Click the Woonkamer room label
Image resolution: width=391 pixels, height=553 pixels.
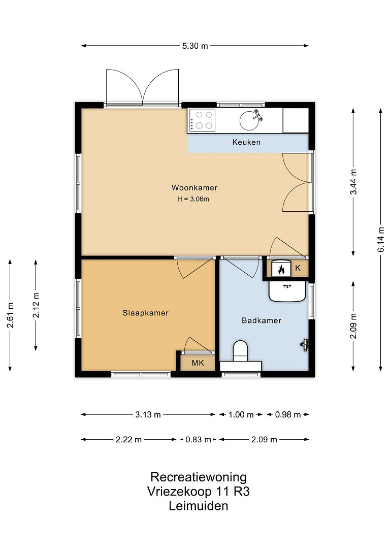[x=194, y=187]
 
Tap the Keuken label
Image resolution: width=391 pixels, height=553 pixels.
[x=246, y=142]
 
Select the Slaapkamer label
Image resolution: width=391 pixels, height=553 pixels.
[x=145, y=313]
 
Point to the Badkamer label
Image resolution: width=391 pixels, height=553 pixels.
[x=261, y=320]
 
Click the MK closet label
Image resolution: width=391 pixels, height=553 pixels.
[x=198, y=363]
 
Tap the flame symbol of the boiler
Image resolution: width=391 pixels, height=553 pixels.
[x=281, y=270]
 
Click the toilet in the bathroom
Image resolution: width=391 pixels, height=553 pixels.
[x=241, y=351]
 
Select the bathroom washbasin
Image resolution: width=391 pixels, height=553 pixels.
[x=287, y=291]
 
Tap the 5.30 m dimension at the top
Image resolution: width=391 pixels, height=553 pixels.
[x=195, y=46]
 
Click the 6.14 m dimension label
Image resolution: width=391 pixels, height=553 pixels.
[x=381, y=240]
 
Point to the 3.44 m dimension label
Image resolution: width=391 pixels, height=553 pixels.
[x=353, y=182]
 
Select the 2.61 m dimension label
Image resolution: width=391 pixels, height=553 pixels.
[x=10, y=315]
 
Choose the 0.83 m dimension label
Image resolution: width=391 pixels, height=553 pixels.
[x=198, y=439]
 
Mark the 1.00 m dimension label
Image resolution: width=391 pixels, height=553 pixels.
[x=241, y=414]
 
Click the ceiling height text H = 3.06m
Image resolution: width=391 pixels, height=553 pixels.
[x=193, y=199]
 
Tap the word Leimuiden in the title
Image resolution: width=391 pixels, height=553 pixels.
[x=198, y=506]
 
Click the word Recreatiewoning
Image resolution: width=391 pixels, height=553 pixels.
[x=199, y=477]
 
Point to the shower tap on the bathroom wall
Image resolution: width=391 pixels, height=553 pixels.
[x=305, y=344]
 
